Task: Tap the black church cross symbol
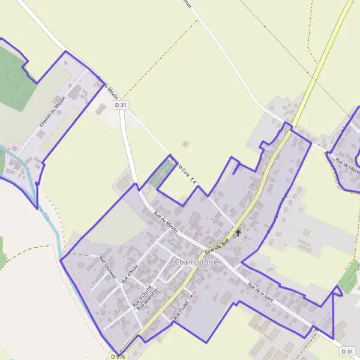(238, 232)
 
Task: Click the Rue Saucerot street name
(106, 268)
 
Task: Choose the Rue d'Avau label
(129, 274)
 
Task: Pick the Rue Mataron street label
(146, 298)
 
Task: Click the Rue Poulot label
(180, 309)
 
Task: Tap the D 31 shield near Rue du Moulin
(121, 105)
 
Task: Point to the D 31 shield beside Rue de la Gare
(347, 351)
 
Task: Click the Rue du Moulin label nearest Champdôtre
(166, 221)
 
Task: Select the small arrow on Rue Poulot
(192, 296)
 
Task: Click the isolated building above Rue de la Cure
(186, 144)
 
